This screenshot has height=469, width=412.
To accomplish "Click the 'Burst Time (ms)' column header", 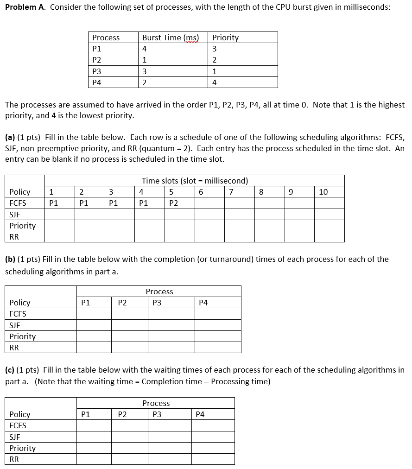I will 170,38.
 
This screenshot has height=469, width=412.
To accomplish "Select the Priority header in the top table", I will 225,38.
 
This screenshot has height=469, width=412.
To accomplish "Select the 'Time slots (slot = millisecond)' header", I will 195,181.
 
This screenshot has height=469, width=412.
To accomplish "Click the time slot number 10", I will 323,192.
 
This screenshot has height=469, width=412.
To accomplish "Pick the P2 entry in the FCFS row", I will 174,203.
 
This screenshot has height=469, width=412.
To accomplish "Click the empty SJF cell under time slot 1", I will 60,214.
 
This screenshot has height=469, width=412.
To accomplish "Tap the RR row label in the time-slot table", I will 14,237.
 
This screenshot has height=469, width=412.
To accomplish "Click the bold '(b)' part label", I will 10,259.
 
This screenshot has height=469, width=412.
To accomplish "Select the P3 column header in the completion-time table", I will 157,303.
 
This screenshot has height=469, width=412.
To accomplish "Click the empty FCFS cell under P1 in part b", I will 94,314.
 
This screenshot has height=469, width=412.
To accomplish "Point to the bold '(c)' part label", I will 10,370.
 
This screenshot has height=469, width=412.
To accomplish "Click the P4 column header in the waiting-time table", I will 200,414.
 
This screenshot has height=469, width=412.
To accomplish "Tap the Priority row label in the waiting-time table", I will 22,448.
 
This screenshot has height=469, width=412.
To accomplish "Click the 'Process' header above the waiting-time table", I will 156,403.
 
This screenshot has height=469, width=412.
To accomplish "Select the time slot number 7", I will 231,192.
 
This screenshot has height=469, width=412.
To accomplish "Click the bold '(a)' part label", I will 10,137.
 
